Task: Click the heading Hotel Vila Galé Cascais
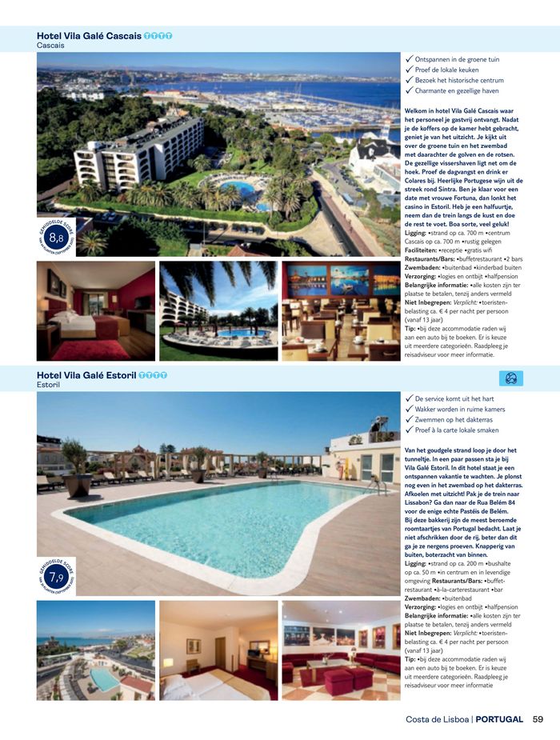point(89,36)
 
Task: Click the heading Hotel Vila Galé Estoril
point(86,375)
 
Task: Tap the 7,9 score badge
point(56,577)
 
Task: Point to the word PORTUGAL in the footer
point(499,718)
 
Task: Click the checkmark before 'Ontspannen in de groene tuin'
point(409,59)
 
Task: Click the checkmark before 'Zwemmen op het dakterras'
point(409,418)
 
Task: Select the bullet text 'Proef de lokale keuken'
point(446,70)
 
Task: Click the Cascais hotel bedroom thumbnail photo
point(95,311)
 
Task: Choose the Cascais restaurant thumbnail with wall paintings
point(341,311)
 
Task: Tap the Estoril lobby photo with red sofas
point(341,650)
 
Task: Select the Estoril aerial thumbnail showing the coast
point(95,650)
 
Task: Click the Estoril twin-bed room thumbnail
point(218,650)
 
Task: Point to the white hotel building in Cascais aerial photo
point(140,152)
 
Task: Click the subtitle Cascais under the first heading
point(50,46)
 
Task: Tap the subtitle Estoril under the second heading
point(48,385)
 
